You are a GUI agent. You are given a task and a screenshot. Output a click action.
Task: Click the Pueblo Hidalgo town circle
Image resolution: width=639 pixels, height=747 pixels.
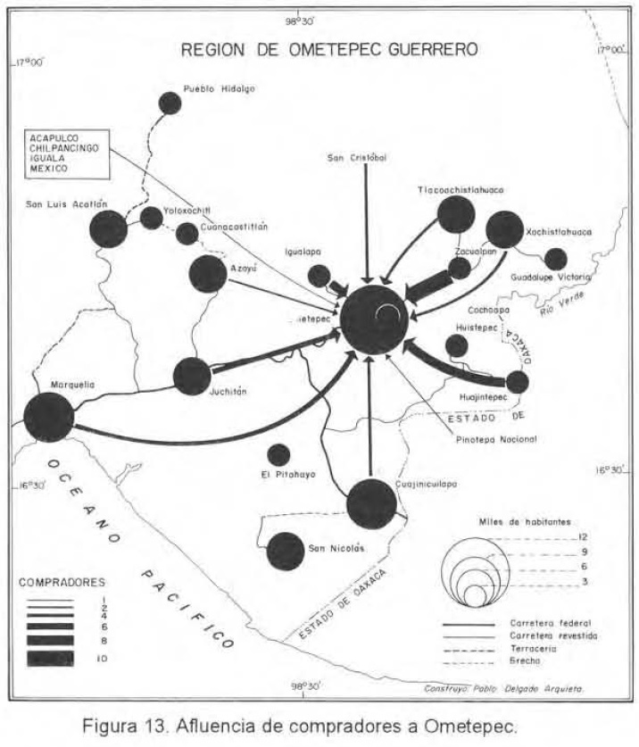pos(170,103)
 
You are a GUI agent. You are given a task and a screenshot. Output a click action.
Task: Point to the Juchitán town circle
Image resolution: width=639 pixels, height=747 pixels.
pos(192,376)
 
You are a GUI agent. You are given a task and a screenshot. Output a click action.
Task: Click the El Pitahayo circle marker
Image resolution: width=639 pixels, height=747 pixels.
pos(279,455)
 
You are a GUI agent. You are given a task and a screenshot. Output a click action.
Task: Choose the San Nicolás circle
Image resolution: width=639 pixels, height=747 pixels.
pos(286,551)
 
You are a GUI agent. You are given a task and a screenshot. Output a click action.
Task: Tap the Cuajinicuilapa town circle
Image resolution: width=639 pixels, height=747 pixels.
pos(371,504)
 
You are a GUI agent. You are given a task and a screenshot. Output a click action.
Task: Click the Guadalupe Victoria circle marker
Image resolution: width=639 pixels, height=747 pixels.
pos(555,259)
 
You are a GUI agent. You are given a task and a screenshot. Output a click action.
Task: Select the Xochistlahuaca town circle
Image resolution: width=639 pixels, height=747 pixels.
pos(504,229)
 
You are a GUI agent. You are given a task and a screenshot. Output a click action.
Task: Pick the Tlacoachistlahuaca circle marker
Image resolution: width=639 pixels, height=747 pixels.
pos(456,214)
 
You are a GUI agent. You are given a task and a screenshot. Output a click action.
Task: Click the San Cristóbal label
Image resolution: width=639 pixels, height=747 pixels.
pos(357,158)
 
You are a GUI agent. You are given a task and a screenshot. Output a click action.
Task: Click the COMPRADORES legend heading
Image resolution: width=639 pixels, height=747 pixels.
pos(58,581)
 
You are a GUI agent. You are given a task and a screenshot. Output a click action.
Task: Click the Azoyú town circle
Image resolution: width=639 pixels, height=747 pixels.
pos(209,274)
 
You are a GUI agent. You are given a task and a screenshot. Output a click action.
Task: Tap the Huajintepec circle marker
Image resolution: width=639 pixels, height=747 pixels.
pos(517,382)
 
